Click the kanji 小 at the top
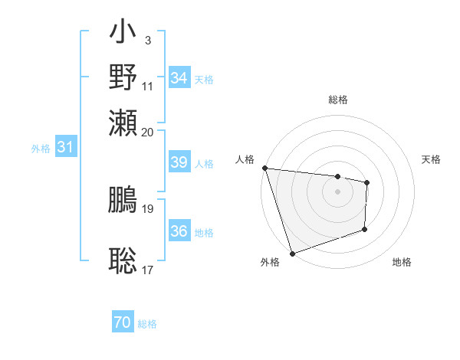tap(123, 35)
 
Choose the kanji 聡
tap(123, 261)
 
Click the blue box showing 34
tap(179, 78)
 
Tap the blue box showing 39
tap(179, 162)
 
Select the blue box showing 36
tap(179, 232)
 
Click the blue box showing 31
tap(65, 148)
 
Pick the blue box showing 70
tap(123, 323)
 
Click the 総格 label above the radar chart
tap(338, 100)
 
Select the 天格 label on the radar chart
tap(431, 159)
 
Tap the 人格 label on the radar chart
tap(245, 159)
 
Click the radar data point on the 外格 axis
tap(292, 253)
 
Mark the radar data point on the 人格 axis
tap(264, 168)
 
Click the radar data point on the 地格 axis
tap(365, 229)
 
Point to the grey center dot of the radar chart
tap(338, 191)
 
